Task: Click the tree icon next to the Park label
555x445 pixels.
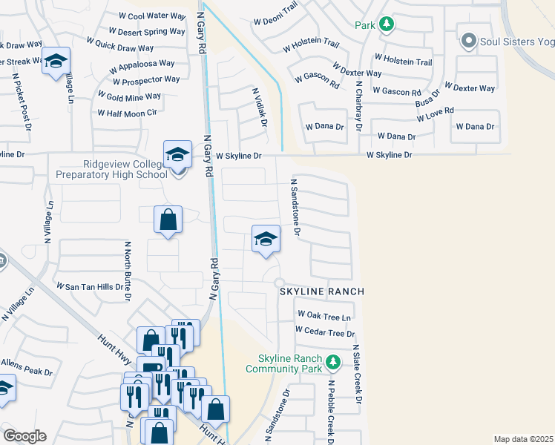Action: pos(386,25)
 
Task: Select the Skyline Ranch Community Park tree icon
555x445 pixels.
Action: pos(334,362)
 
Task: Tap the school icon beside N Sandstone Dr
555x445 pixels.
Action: pos(266,240)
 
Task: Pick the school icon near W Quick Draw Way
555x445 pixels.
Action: pos(55,62)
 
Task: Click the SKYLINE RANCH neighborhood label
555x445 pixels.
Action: pos(322,291)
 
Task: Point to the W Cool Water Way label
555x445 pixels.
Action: pos(152,16)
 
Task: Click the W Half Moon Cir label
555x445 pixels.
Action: pos(128,113)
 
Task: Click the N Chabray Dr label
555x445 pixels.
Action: pos(358,106)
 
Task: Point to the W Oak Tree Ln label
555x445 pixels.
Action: pos(323,316)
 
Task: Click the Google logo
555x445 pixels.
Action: pos(24,436)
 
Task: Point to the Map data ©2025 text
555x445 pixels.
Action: pos(523,439)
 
